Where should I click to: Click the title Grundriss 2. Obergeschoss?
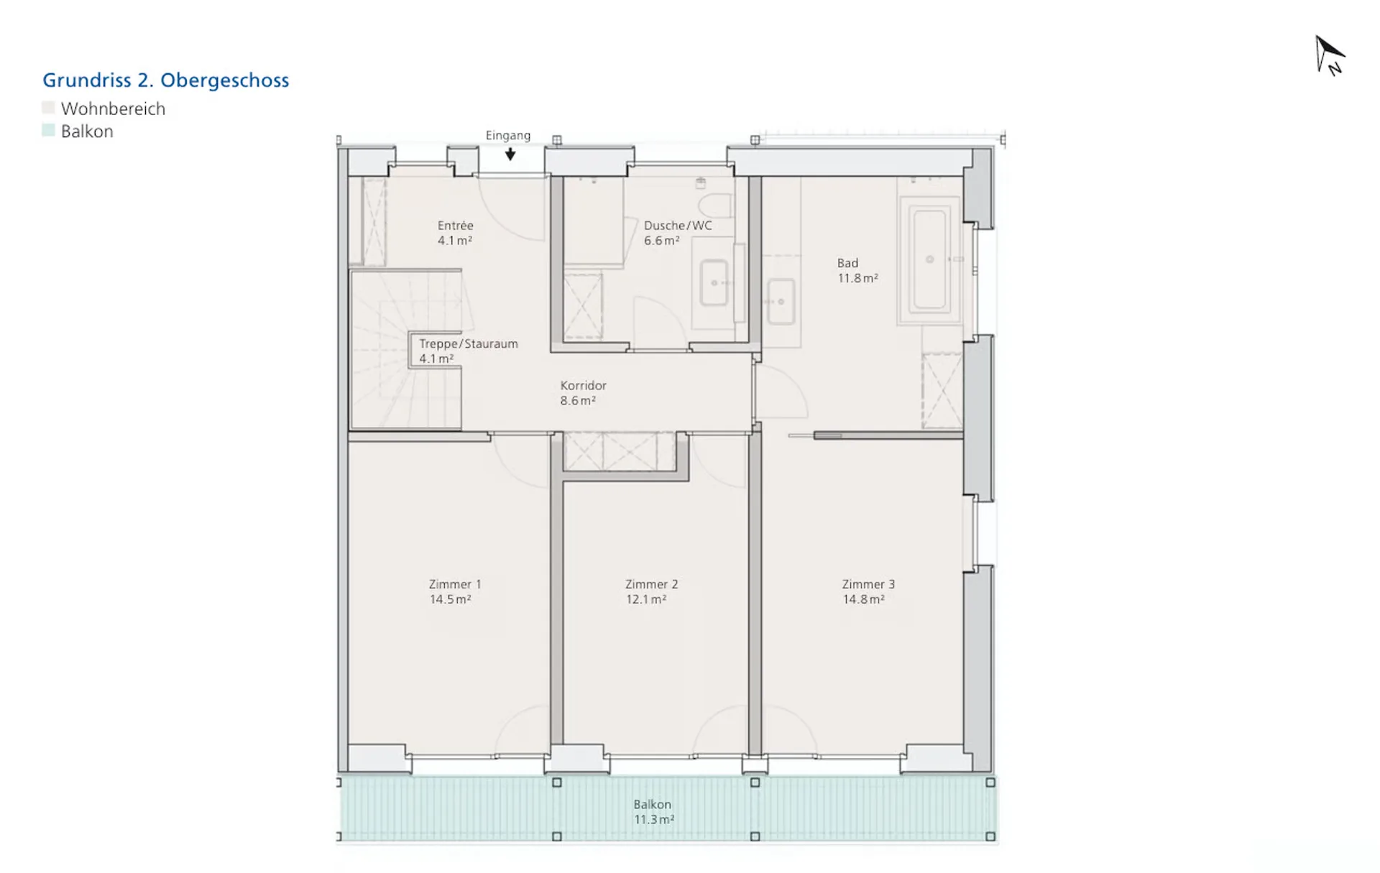[x=166, y=80]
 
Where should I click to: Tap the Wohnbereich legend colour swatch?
[x=48, y=108]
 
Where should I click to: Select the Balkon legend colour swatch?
[x=48, y=130]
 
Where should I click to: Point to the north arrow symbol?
[x=1330, y=55]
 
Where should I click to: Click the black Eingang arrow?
[x=510, y=154]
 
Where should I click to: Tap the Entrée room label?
[x=456, y=226]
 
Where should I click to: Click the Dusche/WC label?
[x=678, y=226]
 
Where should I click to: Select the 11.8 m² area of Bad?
[x=857, y=278]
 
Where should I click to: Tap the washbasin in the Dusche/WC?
[x=714, y=282]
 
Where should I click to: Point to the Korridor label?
[x=584, y=386]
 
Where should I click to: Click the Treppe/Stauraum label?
[x=469, y=343]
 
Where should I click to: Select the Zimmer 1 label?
[x=455, y=584]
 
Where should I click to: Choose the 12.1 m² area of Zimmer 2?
[x=646, y=599]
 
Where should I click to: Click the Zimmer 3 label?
[x=868, y=584]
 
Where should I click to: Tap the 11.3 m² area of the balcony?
[x=654, y=820]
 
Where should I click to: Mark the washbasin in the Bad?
[x=781, y=302]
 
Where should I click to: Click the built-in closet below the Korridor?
[x=620, y=451]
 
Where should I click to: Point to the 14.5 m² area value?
[x=450, y=599]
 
